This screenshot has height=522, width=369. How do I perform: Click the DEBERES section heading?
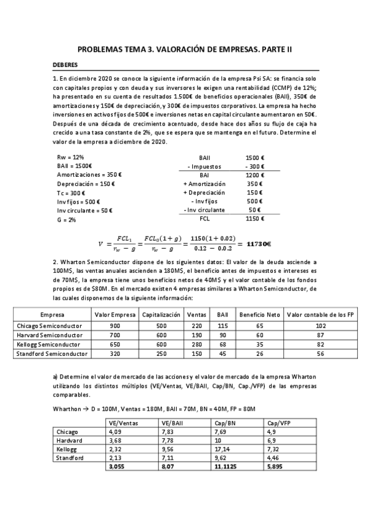pyautogui.click(x=65, y=64)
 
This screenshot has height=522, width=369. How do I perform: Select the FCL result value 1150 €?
pyautogui.click(x=254, y=219)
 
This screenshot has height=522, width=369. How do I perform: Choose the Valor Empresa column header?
pyautogui.click(x=115, y=314)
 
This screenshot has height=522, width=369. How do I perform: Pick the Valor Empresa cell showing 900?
pyautogui.click(x=115, y=325)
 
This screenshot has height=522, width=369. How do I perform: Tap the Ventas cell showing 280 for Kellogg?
pyautogui.click(x=197, y=345)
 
